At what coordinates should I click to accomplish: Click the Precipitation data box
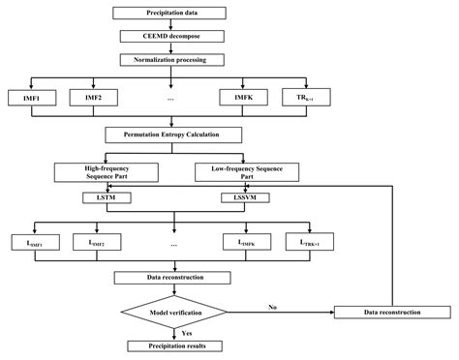pos(171,13)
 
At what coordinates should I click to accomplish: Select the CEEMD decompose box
pos(171,36)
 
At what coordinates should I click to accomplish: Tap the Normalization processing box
pos(171,59)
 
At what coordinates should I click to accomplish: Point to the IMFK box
pos(242,98)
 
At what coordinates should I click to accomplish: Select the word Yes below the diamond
pos(186,332)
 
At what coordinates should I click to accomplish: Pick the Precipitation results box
pos(171,345)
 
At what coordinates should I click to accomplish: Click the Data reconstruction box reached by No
pos(391,312)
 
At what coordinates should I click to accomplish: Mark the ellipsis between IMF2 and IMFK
pos(171,99)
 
